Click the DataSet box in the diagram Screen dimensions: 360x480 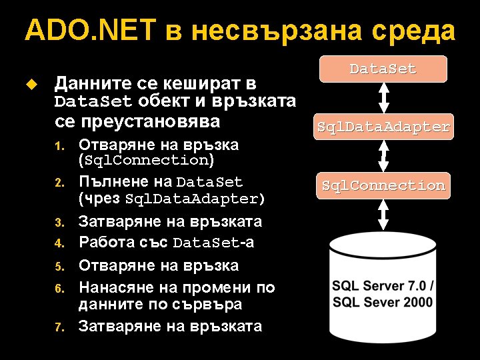tap(383, 69)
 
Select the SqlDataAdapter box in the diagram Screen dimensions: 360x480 tap(383, 126)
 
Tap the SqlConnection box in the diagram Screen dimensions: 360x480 tap(383, 185)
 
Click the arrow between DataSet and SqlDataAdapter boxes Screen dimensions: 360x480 tap(383, 97)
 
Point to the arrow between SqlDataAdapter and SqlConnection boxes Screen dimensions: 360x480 tap(383, 156)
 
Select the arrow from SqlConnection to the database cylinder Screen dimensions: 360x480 tap(383, 215)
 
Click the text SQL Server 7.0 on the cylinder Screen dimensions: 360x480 tap(383, 286)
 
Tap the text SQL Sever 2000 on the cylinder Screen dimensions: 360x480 tap(383, 302)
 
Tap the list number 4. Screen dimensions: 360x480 tap(59, 244)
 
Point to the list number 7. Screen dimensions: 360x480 tap(59, 327)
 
